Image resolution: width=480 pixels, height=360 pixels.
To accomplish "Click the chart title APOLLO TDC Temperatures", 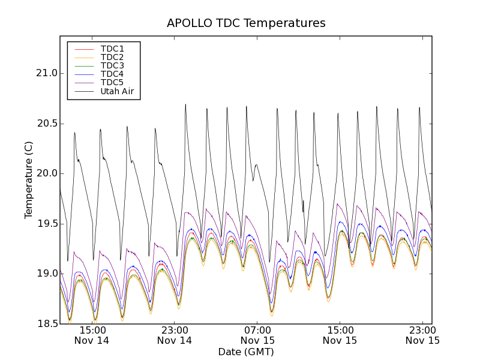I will (x=246, y=23).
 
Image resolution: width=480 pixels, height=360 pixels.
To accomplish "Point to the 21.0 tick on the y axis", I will (x=46, y=73).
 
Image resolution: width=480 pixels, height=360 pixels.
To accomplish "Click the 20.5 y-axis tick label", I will (x=46, y=124).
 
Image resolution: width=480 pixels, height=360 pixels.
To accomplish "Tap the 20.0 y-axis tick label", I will (x=46, y=173).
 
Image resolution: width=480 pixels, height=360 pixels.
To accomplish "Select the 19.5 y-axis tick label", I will (x=46, y=224).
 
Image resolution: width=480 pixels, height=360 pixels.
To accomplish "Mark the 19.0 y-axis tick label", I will (x=46, y=274).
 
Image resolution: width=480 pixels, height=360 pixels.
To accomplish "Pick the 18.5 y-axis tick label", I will (x=46, y=324).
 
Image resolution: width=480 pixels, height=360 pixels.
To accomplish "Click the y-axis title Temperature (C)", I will (x=29, y=180).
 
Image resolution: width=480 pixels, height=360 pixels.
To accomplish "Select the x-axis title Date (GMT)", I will (x=246, y=352).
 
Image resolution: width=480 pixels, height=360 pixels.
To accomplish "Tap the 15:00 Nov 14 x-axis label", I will (x=92, y=335).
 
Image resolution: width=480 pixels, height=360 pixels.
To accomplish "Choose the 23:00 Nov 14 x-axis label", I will (x=175, y=335).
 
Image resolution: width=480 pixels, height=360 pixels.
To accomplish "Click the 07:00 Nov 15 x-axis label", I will (x=257, y=335).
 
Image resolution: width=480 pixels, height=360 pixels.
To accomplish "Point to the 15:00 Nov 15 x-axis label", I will (x=340, y=335).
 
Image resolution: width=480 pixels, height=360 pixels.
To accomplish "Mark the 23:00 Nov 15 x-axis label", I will (x=422, y=335).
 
